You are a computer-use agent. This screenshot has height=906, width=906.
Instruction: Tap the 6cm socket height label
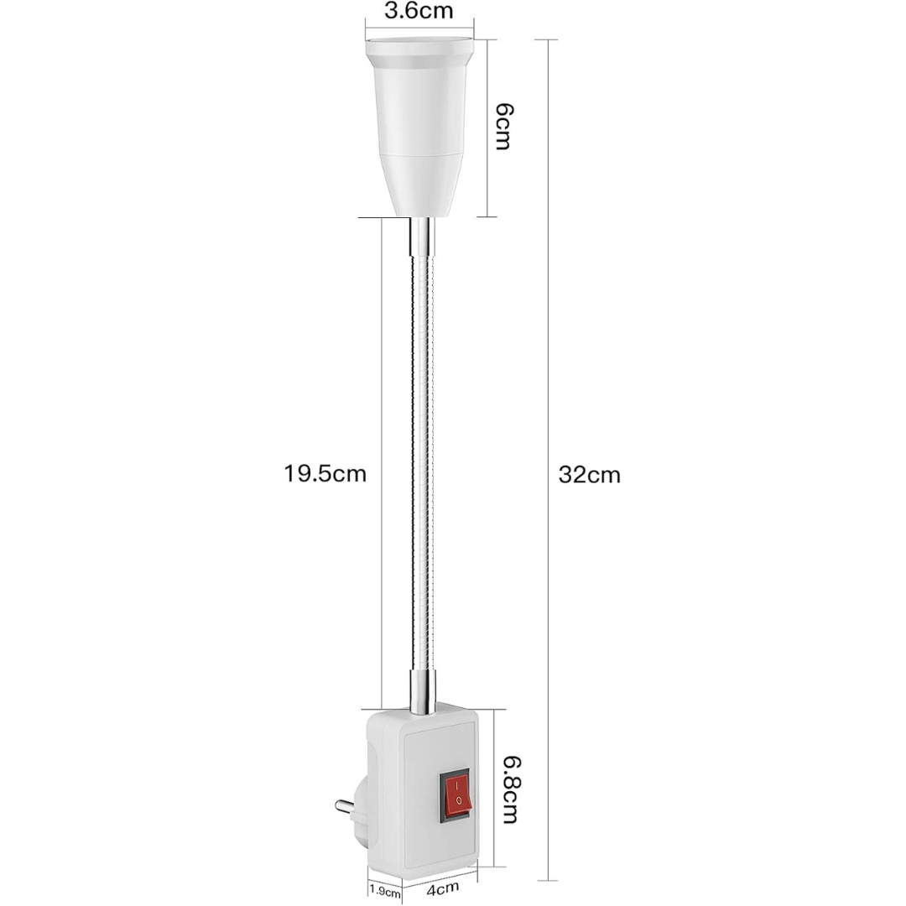click(502, 126)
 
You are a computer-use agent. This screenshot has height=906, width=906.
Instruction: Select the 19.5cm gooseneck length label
click(325, 474)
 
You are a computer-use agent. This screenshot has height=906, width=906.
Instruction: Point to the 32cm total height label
click(590, 475)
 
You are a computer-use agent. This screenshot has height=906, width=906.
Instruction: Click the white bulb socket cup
click(419, 126)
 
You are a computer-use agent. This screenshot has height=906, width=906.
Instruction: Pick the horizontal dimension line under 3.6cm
click(419, 35)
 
